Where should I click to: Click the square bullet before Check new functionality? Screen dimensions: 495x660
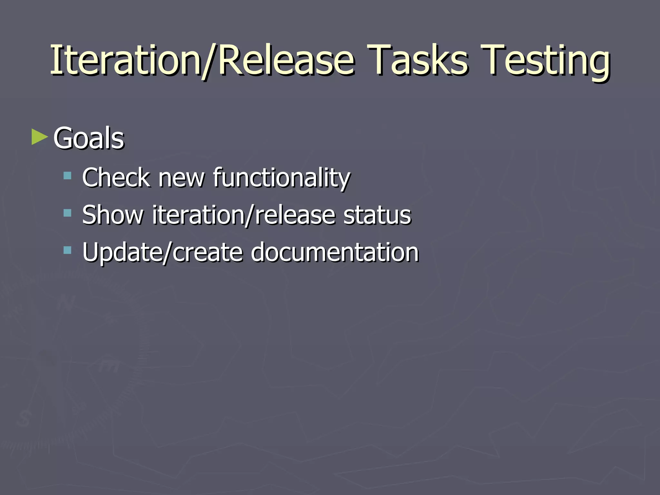click(67, 176)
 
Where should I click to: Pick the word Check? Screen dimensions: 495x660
click(116, 178)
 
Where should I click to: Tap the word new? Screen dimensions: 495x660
click(181, 178)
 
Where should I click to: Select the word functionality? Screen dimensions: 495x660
click(281, 178)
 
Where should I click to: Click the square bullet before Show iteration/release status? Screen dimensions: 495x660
click(67, 213)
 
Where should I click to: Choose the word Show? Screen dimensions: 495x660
click(112, 215)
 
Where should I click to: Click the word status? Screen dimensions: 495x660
click(377, 215)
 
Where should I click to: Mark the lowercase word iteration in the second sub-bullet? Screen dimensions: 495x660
click(198, 215)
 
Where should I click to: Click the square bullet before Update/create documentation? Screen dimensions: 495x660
click(67, 250)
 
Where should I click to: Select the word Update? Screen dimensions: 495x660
click(122, 252)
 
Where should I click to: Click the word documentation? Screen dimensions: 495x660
click(335, 252)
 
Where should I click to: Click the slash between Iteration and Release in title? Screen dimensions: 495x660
click(210, 61)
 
